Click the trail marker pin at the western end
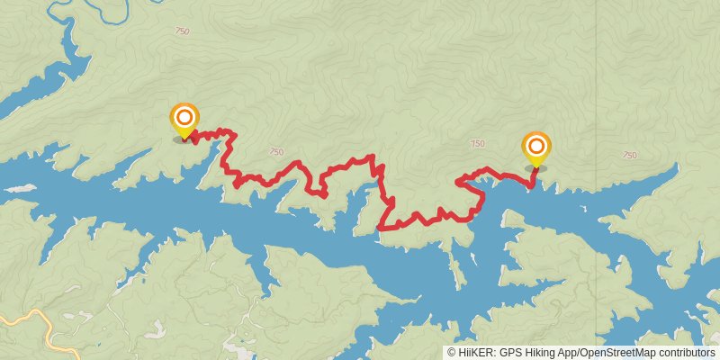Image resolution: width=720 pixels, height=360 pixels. click(184, 121)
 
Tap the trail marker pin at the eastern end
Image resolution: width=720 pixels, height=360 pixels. click(536, 148)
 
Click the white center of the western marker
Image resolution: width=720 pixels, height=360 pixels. click(184, 116)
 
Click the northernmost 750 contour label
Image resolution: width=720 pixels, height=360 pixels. click(183, 31)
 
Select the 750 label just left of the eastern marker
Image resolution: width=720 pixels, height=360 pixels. click(477, 144)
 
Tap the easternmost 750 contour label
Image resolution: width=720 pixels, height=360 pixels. click(629, 156)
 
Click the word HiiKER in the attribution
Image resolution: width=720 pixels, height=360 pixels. click(473, 353)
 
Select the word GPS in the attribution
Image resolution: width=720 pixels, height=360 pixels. click(510, 353)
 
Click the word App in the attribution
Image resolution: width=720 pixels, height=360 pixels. click(569, 353)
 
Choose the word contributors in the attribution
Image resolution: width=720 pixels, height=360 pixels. click(686, 353)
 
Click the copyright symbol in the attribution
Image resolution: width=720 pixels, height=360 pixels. click(452, 353)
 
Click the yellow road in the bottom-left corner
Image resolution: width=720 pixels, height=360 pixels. click(36, 319)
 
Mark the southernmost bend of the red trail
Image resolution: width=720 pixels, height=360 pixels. click(382, 229)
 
